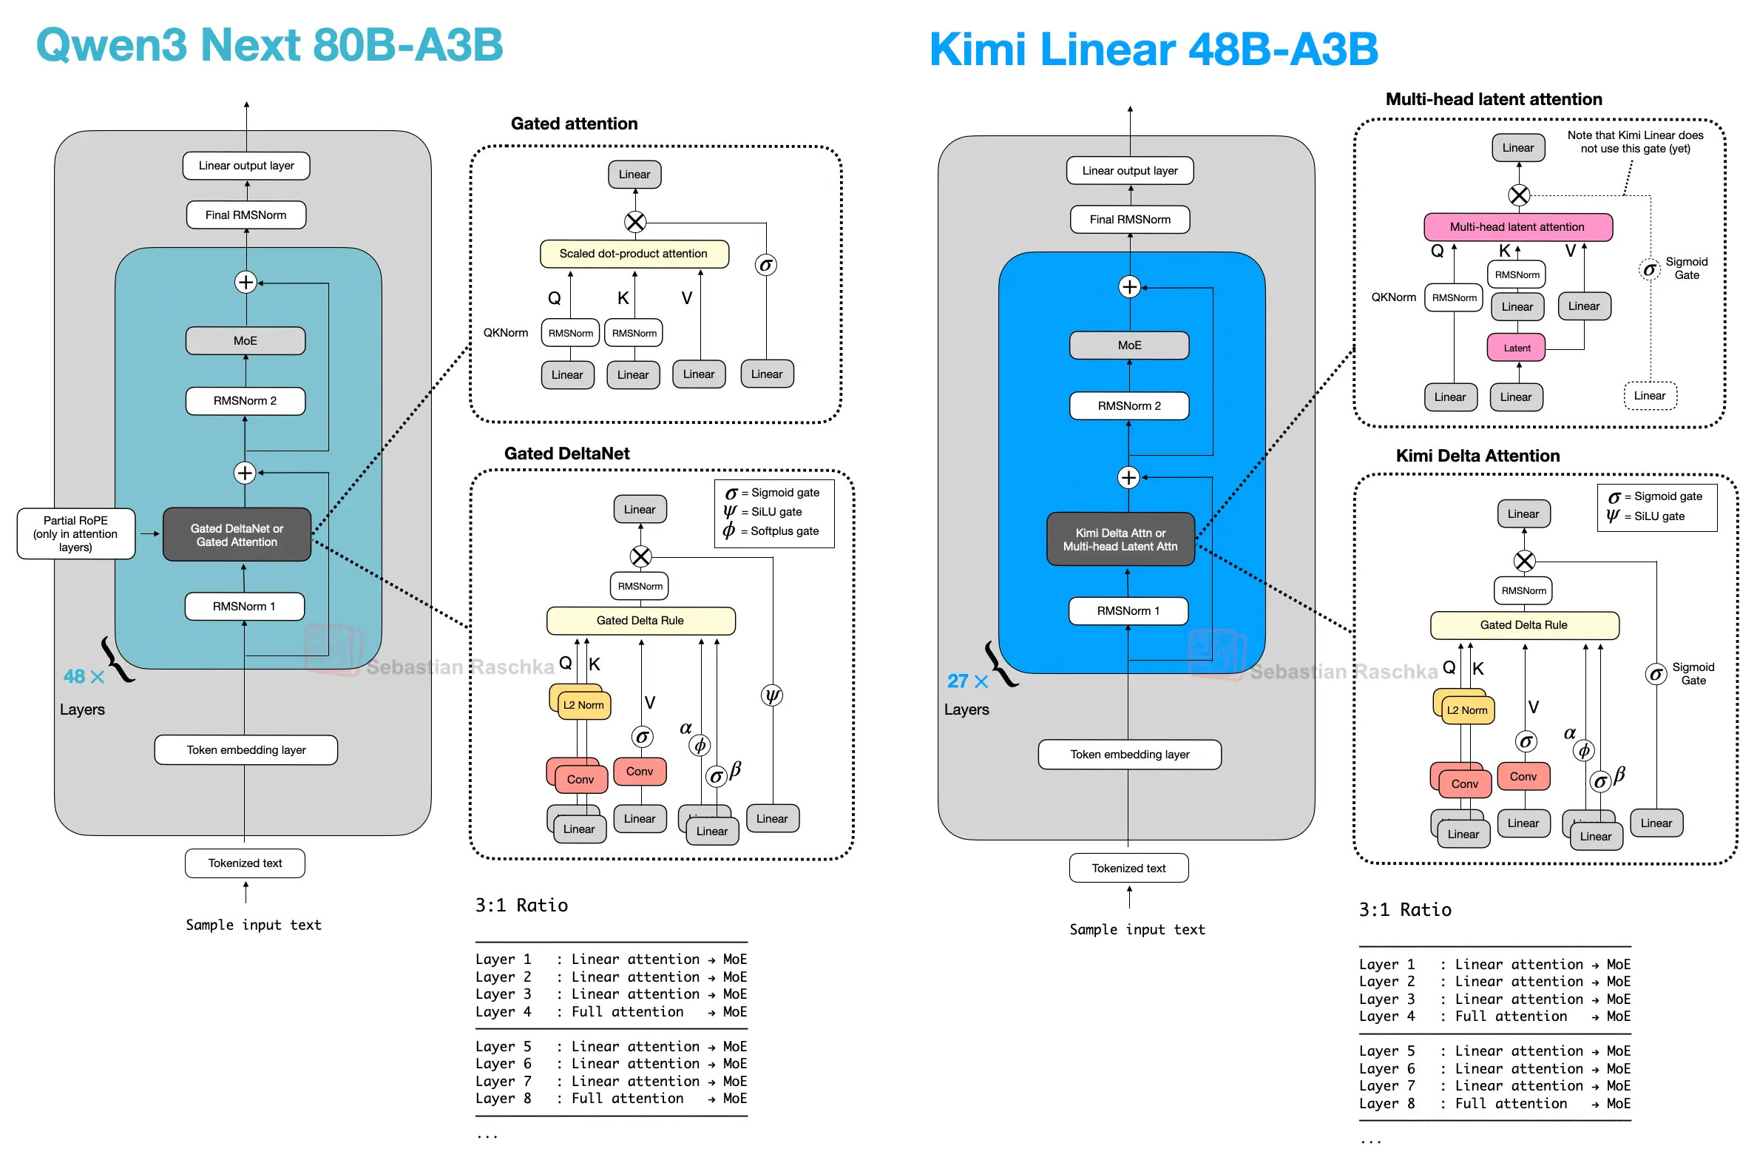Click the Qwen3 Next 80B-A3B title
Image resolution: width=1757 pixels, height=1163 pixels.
click(269, 44)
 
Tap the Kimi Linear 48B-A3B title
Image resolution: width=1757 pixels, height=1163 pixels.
click(1153, 50)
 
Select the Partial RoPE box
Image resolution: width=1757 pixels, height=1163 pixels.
click(75, 533)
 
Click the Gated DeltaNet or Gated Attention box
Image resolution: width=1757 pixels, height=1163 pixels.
click(237, 535)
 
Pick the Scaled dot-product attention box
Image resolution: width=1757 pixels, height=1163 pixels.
click(633, 254)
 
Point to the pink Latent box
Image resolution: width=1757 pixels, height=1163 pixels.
click(1516, 348)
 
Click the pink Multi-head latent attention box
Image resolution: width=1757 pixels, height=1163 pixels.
click(1517, 227)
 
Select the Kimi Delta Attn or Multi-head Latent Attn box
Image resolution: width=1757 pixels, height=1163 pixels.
click(1120, 539)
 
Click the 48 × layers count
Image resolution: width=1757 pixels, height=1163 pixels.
click(83, 676)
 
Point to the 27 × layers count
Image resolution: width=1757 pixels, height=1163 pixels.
click(966, 681)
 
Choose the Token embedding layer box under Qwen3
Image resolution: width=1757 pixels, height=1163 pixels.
click(246, 750)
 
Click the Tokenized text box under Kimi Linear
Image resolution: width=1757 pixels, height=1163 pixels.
click(1128, 868)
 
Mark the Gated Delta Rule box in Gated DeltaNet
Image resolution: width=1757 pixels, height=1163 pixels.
click(640, 621)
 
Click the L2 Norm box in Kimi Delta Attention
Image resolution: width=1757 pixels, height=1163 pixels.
click(1466, 709)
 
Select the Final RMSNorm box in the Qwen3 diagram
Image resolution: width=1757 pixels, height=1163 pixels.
click(246, 215)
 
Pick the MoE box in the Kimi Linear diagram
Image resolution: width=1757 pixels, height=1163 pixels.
click(1129, 345)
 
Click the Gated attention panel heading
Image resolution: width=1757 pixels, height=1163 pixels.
click(574, 124)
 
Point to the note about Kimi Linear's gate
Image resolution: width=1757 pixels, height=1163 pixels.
click(1635, 141)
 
